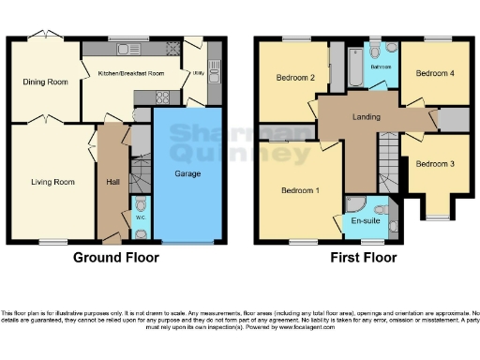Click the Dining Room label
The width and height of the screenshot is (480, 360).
[x=46, y=82]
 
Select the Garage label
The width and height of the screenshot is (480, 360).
[x=187, y=173]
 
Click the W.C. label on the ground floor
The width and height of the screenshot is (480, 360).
[x=140, y=217]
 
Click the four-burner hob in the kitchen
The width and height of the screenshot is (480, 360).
[x=160, y=97]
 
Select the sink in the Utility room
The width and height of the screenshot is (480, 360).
[x=214, y=69]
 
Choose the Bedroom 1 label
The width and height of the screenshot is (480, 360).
[x=300, y=190]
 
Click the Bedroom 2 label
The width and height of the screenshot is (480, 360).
[x=293, y=78]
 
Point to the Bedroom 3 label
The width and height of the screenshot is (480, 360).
[x=435, y=164]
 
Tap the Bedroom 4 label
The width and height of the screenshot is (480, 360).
[x=434, y=72]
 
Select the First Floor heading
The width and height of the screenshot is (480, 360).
[x=363, y=257]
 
